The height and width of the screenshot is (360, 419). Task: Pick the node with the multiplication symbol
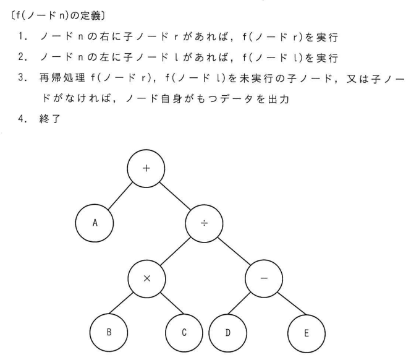pyautogui.click(x=146, y=278)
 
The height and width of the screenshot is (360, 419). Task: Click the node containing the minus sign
pyautogui.click(x=264, y=278)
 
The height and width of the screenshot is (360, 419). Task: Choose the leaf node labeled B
pyautogui.click(x=109, y=332)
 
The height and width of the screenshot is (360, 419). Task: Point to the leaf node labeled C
pyautogui.click(x=184, y=332)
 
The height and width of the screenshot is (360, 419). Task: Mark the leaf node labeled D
pyautogui.click(x=227, y=332)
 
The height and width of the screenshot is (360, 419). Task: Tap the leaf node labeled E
pyautogui.click(x=307, y=332)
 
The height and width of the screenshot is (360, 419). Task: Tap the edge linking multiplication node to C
pyautogui.click(x=165, y=305)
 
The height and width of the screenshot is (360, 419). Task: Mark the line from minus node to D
pyautogui.click(x=245, y=305)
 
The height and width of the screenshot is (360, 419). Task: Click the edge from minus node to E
pyautogui.click(x=286, y=305)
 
